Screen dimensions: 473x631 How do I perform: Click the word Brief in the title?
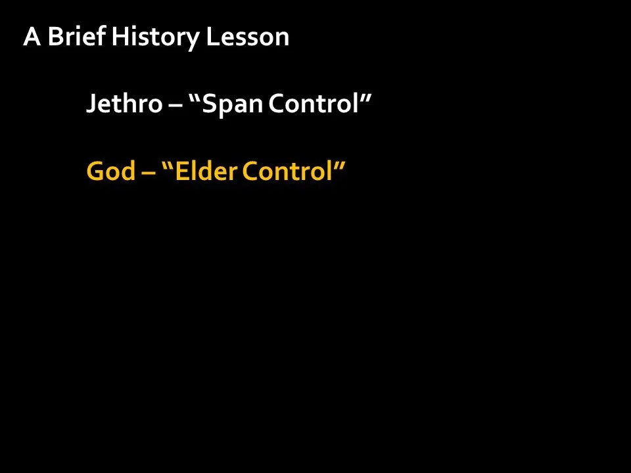pyautogui.click(x=76, y=37)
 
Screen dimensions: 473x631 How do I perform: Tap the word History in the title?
pyautogui.click(x=155, y=38)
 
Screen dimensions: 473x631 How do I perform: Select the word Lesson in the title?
pyautogui.click(x=248, y=37)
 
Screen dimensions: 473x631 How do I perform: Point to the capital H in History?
pyautogui.click(x=119, y=37)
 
